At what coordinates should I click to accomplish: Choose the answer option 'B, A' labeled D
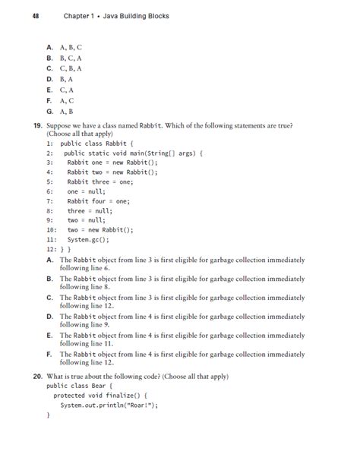click(x=66, y=78)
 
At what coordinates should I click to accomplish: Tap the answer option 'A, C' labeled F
click(x=66, y=99)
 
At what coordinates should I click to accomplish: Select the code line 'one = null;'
click(x=86, y=192)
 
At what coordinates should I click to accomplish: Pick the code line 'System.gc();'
click(x=88, y=238)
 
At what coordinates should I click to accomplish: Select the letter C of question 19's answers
click(x=50, y=298)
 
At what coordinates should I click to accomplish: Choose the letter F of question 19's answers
click(x=50, y=354)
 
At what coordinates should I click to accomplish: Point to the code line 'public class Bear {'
click(x=80, y=386)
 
